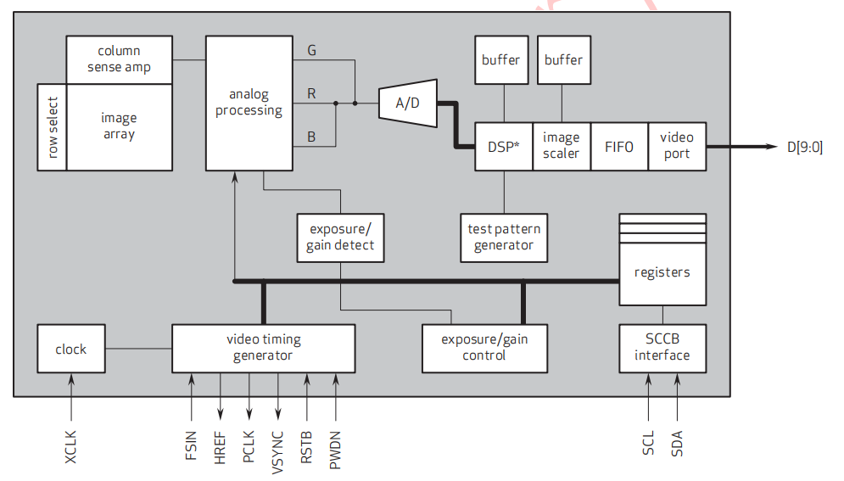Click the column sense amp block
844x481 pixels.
coord(119,59)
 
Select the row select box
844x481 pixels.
coord(52,127)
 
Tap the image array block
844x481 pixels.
coord(119,127)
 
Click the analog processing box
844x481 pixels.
coord(249,103)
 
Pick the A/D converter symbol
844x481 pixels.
coord(408,103)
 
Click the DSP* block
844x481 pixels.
coord(503,147)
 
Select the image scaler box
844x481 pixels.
coord(561,146)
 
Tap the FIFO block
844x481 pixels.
coord(618,147)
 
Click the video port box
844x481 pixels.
coord(676,146)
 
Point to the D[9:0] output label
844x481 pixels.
coord(804,147)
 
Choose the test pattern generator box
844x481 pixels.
coord(504,238)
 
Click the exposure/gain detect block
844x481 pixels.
coord(340,238)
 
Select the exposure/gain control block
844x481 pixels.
coord(484,347)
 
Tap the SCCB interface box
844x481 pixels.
coord(662,347)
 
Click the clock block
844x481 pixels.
coord(71,349)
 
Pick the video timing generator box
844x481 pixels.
coord(263,347)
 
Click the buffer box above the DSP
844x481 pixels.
coord(501,60)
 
